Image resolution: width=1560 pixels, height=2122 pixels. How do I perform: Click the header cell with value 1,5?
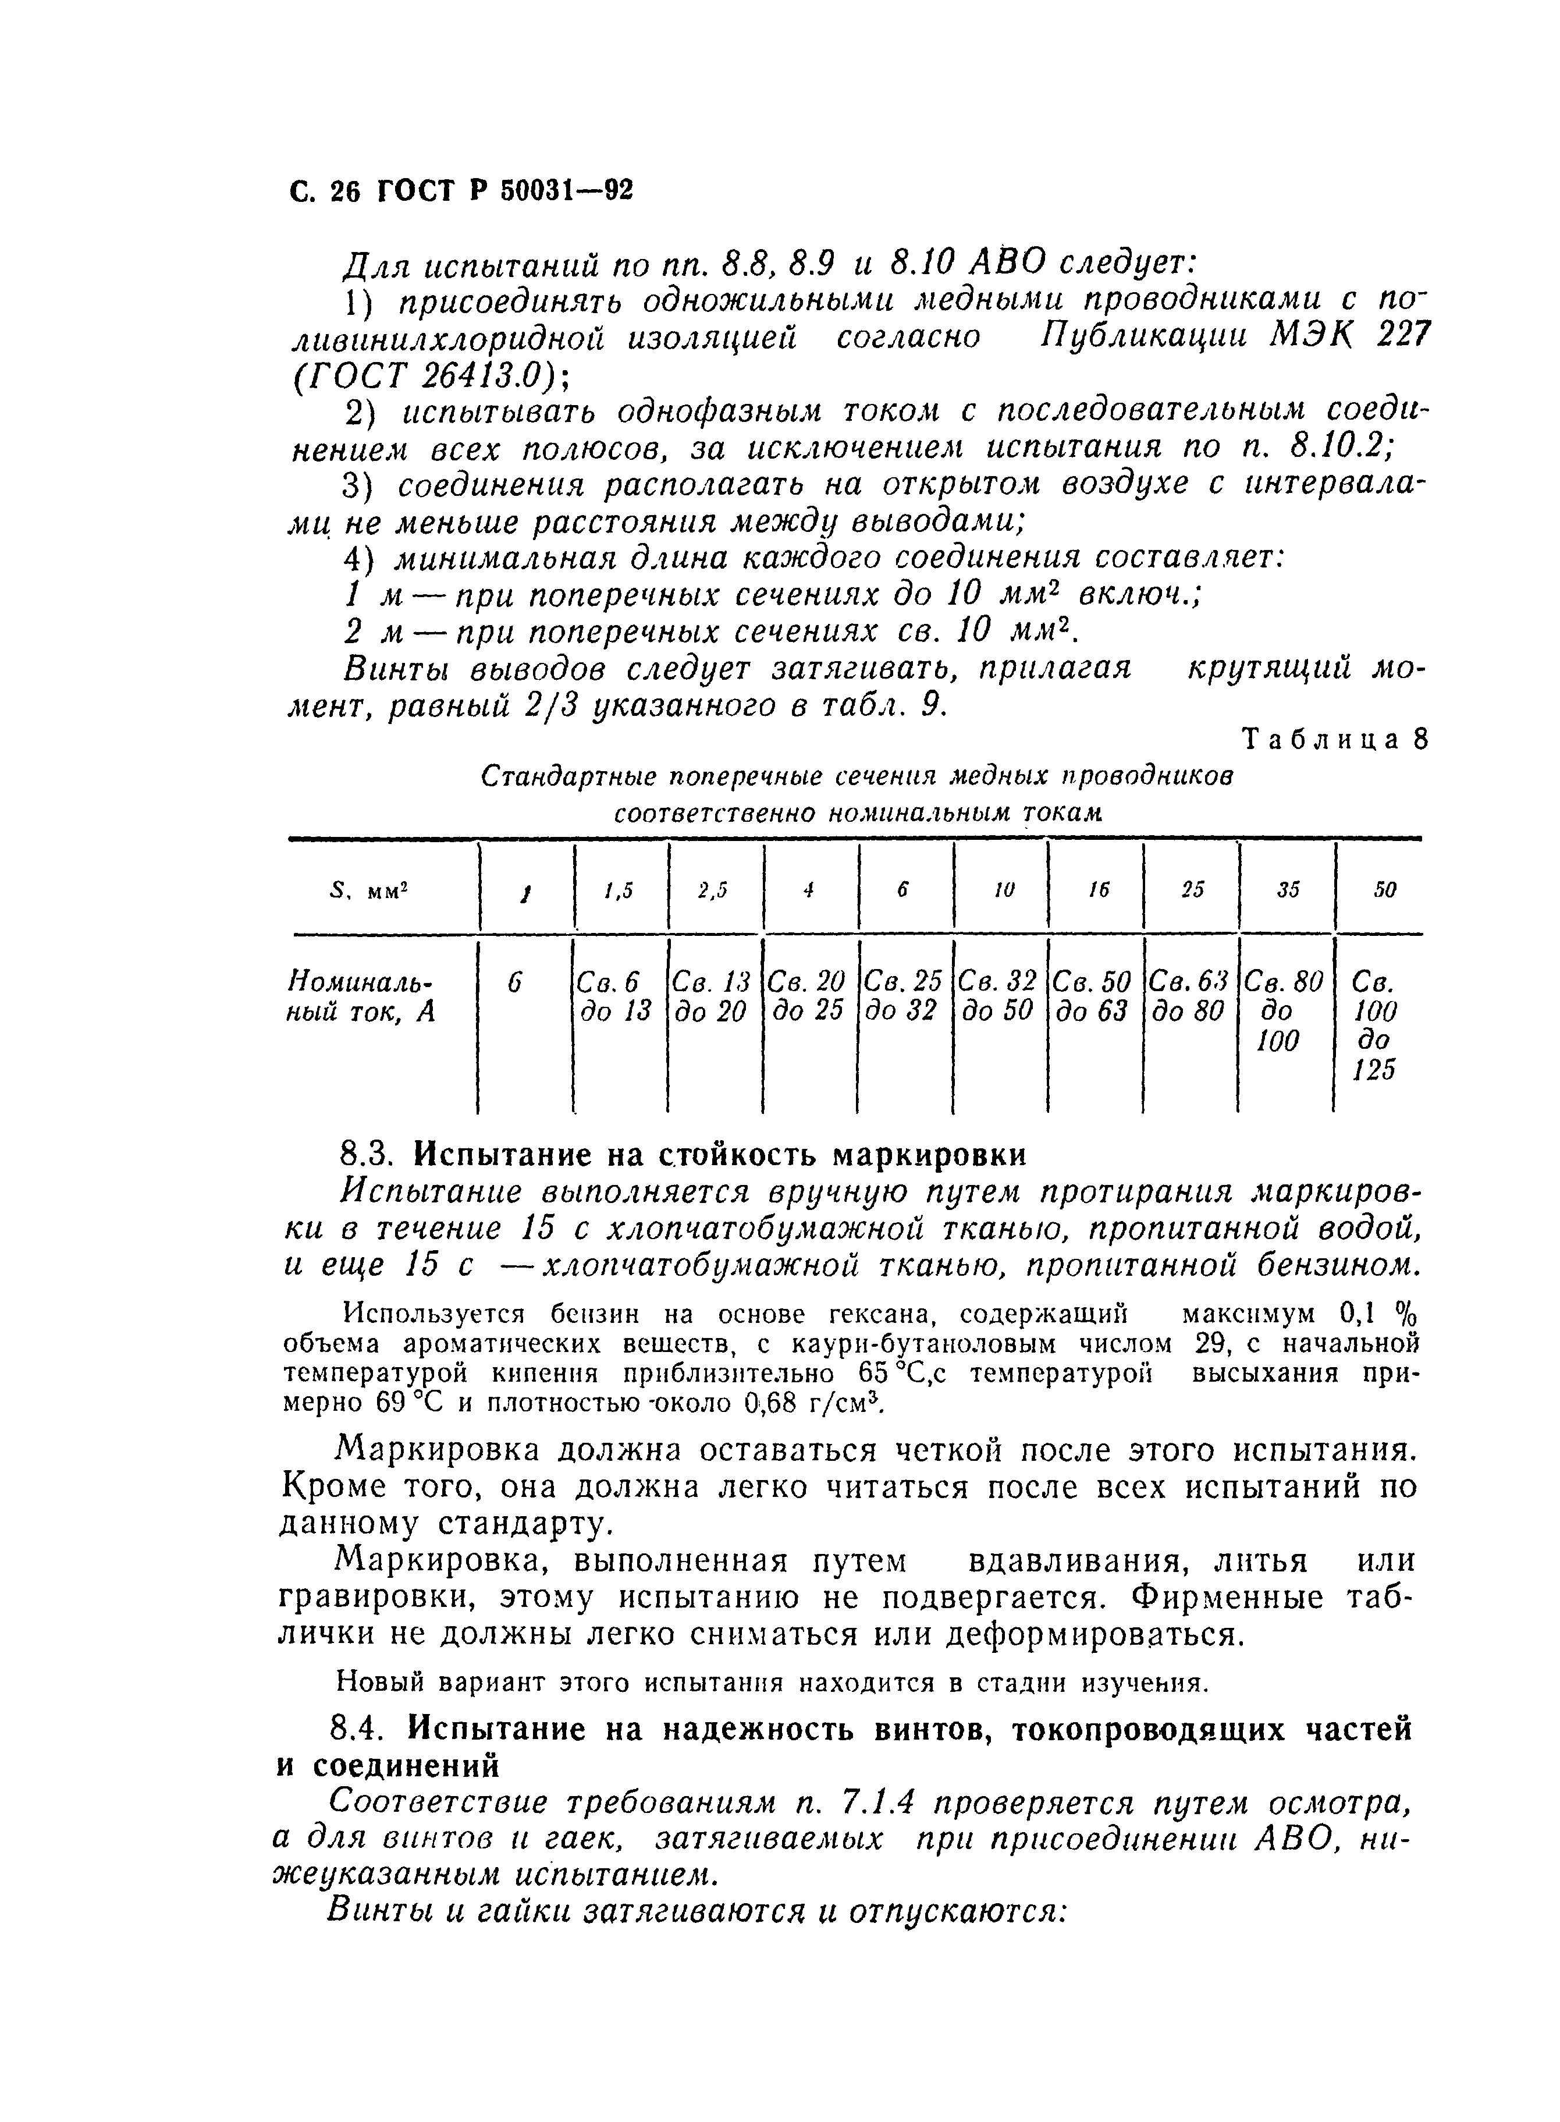click(x=620, y=889)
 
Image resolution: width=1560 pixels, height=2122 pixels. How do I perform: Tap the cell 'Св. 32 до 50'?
click(x=998, y=997)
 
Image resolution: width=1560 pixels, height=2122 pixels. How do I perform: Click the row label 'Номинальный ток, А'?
click(x=364, y=997)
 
